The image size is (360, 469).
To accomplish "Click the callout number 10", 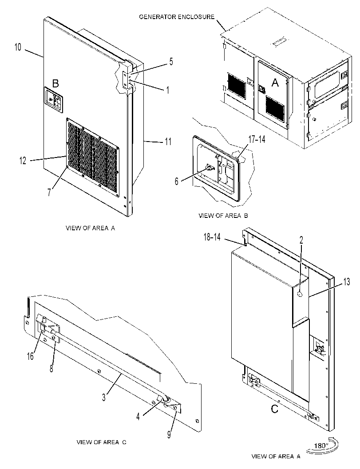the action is pyautogui.click(x=18, y=47).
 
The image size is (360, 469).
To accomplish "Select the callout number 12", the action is pyautogui.click(x=23, y=161).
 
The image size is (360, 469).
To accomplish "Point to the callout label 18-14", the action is pyautogui.click(x=212, y=237).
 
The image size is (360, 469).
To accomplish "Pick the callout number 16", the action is pyautogui.click(x=30, y=357).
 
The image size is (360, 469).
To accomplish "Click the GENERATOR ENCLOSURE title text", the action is pyautogui.click(x=177, y=17).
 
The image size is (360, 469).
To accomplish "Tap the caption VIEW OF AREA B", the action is pyautogui.click(x=223, y=215).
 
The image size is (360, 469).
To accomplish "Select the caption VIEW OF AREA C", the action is pyautogui.click(x=102, y=442).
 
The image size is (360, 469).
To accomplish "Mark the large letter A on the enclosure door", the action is pyautogui.click(x=275, y=83).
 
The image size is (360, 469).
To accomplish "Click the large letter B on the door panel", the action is pyautogui.click(x=55, y=83).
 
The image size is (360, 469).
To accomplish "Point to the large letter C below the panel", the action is pyautogui.click(x=274, y=409).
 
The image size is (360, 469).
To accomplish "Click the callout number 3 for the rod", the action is pyautogui.click(x=104, y=398).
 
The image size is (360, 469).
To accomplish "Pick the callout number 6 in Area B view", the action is pyautogui.click(x=177, y=181).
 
